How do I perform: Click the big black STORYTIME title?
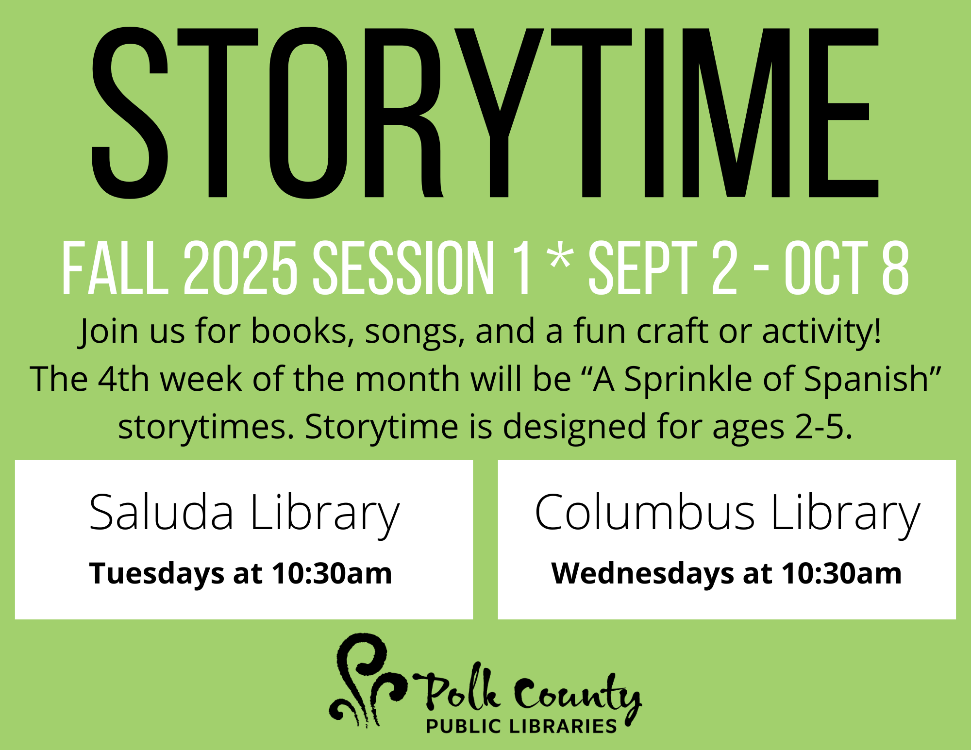pos(485,113)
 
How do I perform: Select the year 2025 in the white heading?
pos(240,268)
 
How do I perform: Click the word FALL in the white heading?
pos(115,268)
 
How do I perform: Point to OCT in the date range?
pos(826,268)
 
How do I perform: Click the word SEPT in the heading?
pos(643,268)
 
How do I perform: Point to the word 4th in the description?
pos(124,379)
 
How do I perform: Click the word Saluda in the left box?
pos(161,512)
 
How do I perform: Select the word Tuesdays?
pos(157,574)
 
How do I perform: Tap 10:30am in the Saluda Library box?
pos(332,573)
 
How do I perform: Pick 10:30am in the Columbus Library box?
pos(841,573)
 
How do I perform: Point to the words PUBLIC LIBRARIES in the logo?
pos(521,726)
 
